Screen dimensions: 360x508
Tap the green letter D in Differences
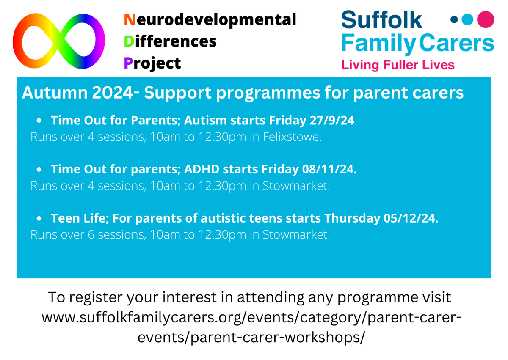(128, 41)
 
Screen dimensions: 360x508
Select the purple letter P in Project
(127, 63)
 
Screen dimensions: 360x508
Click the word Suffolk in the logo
(382, 20)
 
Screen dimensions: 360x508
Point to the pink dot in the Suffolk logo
(486, 19)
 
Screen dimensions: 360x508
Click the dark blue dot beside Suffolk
(455, 19)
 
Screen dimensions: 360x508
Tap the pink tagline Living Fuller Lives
(398, 65)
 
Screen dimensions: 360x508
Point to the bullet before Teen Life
(39, 219)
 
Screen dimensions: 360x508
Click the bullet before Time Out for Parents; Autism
(39, 121)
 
